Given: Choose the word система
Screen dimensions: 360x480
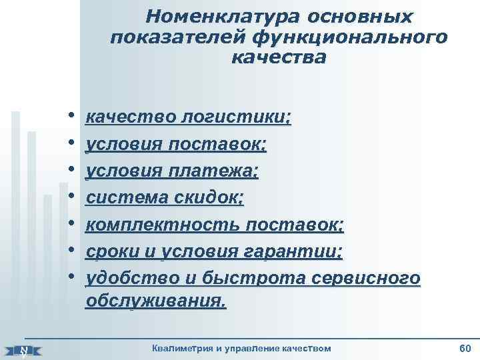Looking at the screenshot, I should pyautogui.click(x=125, y=197).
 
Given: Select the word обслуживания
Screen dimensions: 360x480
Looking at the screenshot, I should pyautogui.click(x=156, y=302).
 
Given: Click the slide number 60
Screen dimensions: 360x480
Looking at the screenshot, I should pyautogui.click(x=465, y=349).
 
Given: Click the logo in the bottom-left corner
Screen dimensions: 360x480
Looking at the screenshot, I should pyautogui.click(x=24, y=350).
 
